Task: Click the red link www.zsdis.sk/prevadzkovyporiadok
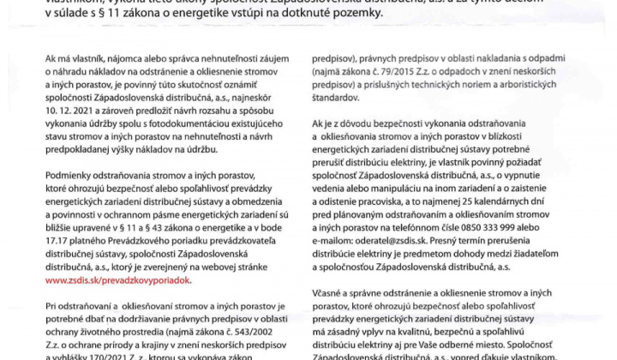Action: [x=119, y=279]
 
